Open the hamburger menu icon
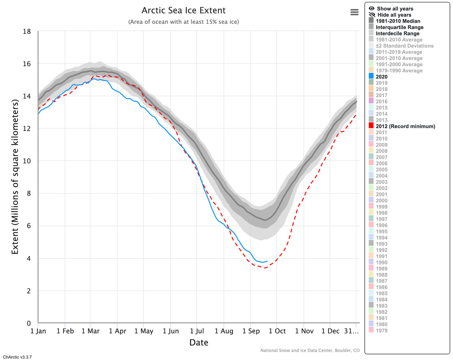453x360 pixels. pos(354,12)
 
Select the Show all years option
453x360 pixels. pos(395,9)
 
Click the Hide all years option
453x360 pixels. pos(394,15)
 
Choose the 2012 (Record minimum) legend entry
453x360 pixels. pos(406,126)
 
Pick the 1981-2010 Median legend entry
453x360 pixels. pos(398,21)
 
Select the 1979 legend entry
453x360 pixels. pos(382,331)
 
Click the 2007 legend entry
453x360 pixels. pos(382,157)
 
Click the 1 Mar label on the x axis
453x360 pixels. pos(90,331)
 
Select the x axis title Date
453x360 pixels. pos(199,343)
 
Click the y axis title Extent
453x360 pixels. pos(15,177)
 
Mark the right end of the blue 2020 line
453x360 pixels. pos(267,261)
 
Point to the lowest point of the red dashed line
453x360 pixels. pos(265,268)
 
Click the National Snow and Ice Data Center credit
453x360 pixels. pos(310,351)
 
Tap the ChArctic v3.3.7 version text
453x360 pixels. pos(17,357)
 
